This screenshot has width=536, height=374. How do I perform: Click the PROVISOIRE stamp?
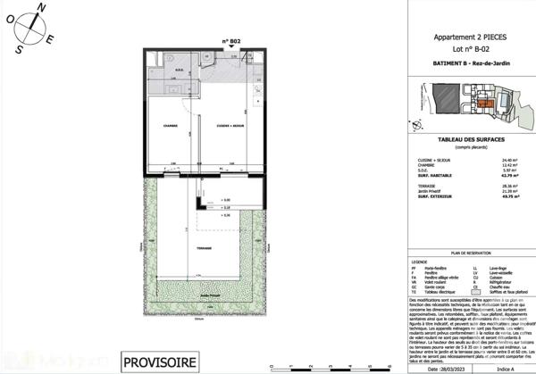[157, 362]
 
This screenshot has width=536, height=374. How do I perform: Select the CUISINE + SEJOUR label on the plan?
[229, 126]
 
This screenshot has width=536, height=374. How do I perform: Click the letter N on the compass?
[40, 6]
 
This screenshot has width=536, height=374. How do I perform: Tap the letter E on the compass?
[53, 39]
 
